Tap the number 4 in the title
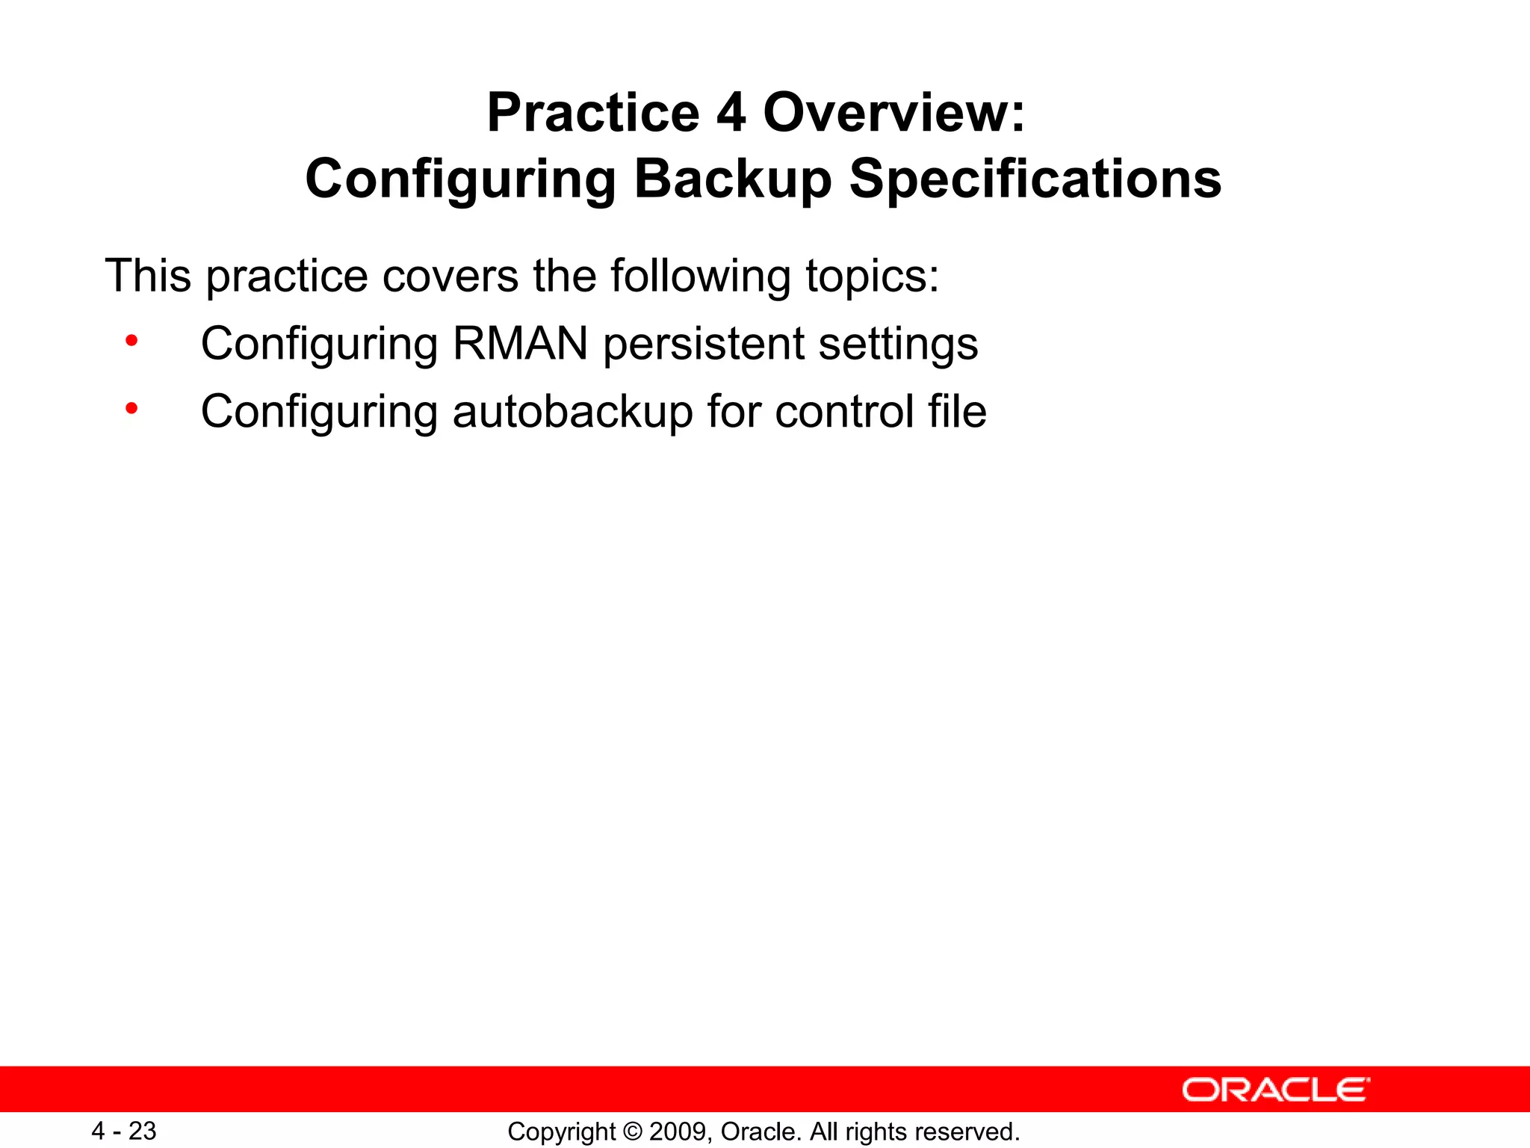point(731,113)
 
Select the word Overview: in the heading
point(894,113)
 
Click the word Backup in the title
point(732,179)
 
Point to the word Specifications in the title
point(1035,179)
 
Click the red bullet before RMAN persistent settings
point(131,342)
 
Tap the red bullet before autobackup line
point(131,409)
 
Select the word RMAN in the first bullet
point(520,344)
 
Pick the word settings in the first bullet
point(898,345)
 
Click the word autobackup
point(572,412)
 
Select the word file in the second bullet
point(957,412)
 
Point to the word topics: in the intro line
point(872,277)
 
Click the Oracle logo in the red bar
point(1275,1090)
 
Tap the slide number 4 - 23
point(123,1131)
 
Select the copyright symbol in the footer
point(632,1132)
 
